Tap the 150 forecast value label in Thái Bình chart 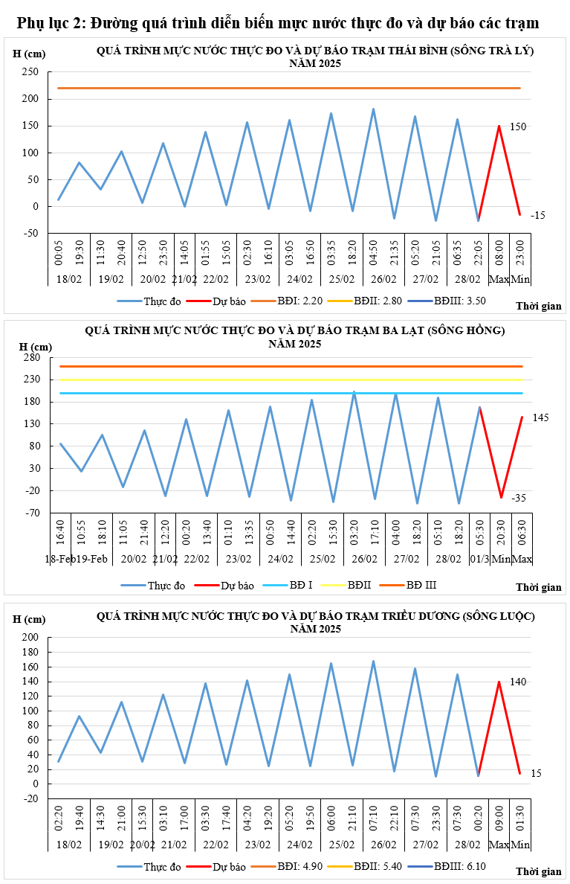(x=517, y=127)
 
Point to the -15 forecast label (x=537, y=215)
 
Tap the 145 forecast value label (x=540, y=418)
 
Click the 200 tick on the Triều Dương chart (x=30, y=638)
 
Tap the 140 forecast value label (x=517, y=682)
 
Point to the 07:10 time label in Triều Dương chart (x=373, y=820)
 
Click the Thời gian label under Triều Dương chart (x=539, y=871)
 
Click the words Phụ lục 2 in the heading (x=51, y=24)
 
